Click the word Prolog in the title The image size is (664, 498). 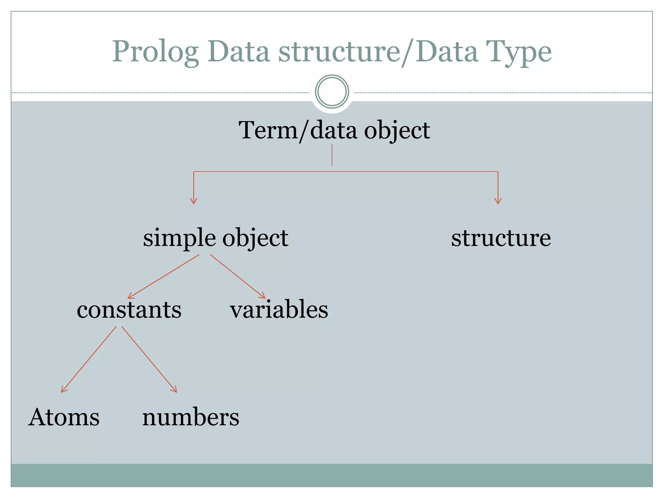[155, 52]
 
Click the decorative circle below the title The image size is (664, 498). [332, 92]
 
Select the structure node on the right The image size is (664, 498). [501, 238]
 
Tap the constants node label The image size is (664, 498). [129, 310]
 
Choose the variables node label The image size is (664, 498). [279, 310]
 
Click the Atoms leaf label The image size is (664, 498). [64, 417]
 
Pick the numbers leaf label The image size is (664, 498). [191, 417]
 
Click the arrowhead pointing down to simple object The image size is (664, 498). [194, 201]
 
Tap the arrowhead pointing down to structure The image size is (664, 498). [498, 201]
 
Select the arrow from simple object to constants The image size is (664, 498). [163, 276]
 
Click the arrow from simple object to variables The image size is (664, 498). [238, 276]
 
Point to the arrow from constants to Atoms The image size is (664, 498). [89, 360]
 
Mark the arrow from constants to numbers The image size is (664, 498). [149, 360]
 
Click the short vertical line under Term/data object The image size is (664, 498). [332, 155]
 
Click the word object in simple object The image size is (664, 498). [255, 238]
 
